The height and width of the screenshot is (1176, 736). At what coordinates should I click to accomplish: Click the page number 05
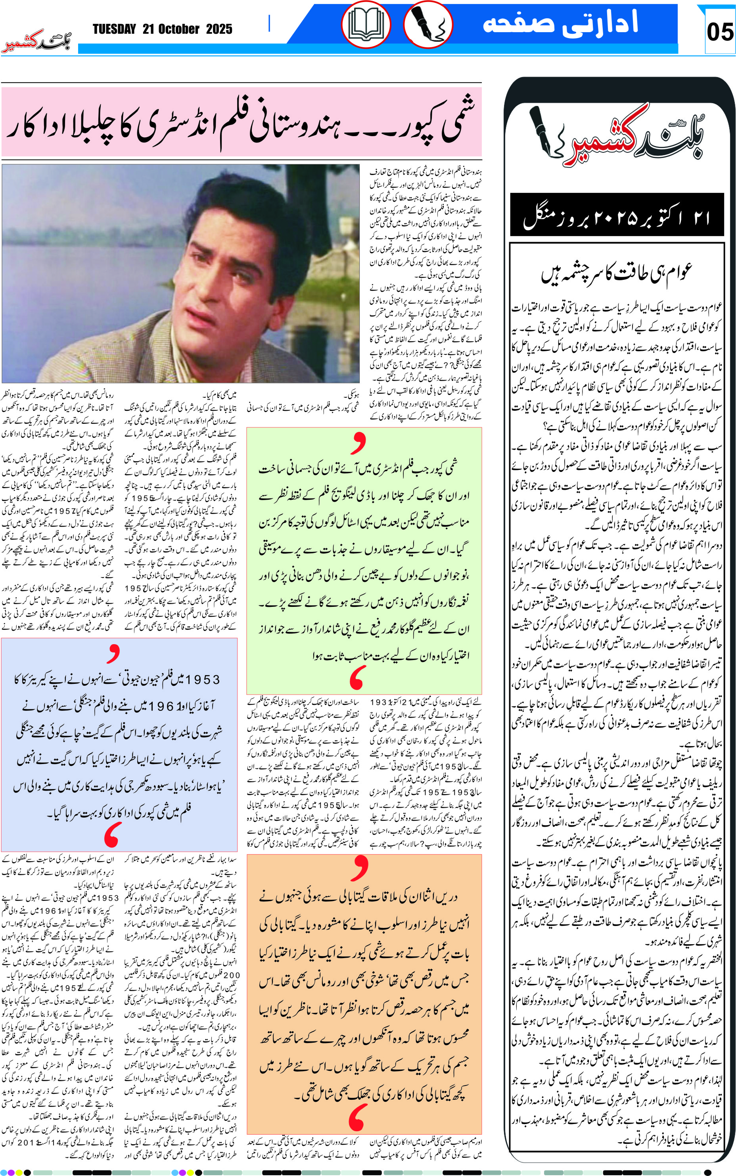click(719, 32)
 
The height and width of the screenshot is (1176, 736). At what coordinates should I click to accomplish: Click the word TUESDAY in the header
click(114, 29)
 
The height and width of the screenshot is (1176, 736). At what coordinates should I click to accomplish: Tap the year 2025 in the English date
click(219, 29)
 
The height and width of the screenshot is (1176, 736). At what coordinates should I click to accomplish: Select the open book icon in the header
click(366, 24)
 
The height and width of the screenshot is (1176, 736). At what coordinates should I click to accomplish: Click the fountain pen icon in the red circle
click(428, 24)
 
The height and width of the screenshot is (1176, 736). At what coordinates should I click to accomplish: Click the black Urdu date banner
click(617, 215)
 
